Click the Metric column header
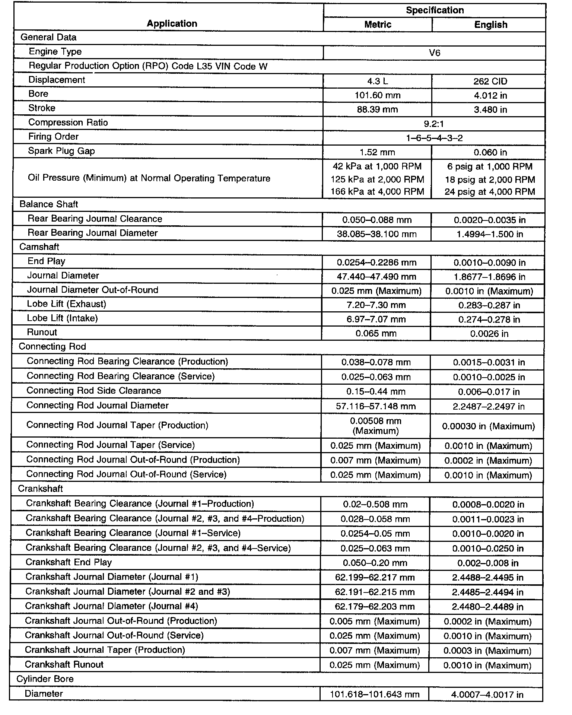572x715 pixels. click(x=378, y=25)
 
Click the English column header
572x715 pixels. click(x=490, y=25)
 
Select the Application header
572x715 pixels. click(x=172, y=23)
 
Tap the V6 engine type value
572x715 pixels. click(x=434, y=53)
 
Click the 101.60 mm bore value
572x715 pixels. click(x=377, y=95)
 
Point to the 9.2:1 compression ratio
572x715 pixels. click(x=434, y=124)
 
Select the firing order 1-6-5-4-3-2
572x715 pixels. click(x=434, y=138)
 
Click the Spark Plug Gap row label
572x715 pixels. click(x=61, y=151)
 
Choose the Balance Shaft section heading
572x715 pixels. click(x=49, y=204)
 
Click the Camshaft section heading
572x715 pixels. click(x=39, y=247)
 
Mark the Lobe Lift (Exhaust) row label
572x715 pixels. click(x=66, y=304)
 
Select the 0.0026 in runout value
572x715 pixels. click(x=489, y=334)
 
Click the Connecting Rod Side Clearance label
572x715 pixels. click(x=93, y=391)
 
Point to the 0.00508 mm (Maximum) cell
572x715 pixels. click(x=375, y=426)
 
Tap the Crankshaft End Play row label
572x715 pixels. click(x=69, y=562)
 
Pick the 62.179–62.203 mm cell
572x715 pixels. click(x=375, y=607)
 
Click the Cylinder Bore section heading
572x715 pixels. click(x=45, y=679)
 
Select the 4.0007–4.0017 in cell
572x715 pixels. click(x=487, y=695)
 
